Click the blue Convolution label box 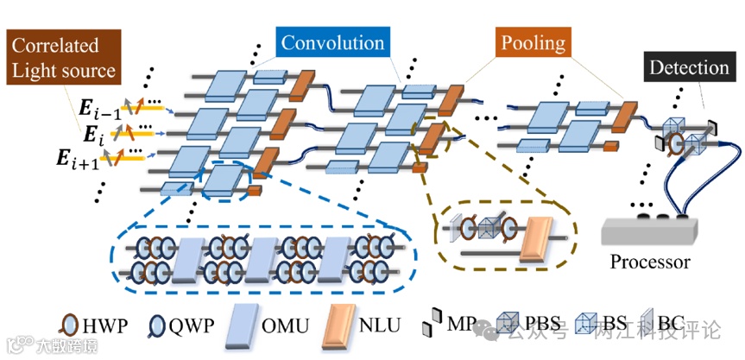[332, 42]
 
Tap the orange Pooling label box [531, 42]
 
